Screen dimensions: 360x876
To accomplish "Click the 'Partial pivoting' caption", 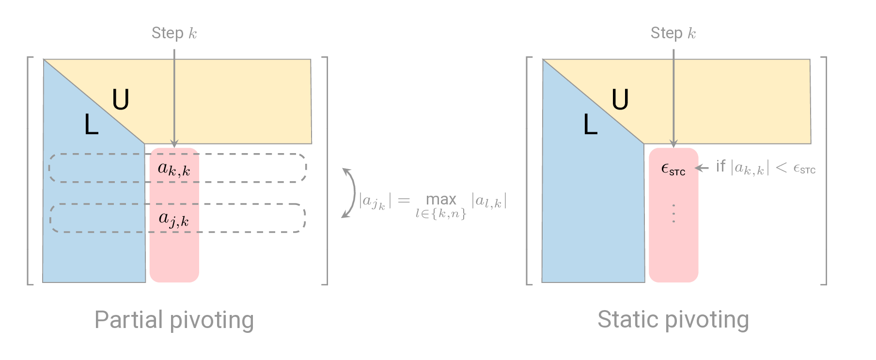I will tap(174, 320).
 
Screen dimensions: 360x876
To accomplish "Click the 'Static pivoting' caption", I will tap(673, 320).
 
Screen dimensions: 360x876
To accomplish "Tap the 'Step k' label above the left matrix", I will tap(174, 33).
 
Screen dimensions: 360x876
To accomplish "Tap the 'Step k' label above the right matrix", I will tap(673, 33).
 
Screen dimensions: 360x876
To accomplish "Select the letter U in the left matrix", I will tap(121, 100).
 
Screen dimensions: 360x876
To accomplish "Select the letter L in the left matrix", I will tap(91, 125).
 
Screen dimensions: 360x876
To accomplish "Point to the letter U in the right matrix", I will tap(620, 100).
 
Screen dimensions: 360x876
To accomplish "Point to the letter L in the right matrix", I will tap(590, 125).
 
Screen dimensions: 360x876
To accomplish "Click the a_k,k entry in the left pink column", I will tap(174, 169).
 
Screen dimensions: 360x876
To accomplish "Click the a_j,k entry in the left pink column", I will tap(174, 219).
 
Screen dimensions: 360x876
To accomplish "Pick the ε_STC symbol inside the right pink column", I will tap(673, 169).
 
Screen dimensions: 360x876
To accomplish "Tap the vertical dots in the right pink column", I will tap(673, 213).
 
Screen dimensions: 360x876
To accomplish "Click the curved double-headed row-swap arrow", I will tap(349, 193).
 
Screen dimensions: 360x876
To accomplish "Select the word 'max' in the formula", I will tap(441, 199).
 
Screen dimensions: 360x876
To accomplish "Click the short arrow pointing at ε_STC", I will tap(702, 168).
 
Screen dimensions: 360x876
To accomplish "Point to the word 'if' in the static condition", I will tap(720, 166).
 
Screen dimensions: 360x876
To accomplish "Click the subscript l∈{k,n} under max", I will tap(441, 213).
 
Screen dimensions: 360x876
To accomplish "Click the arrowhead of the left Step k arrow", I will tap(174, 144).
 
